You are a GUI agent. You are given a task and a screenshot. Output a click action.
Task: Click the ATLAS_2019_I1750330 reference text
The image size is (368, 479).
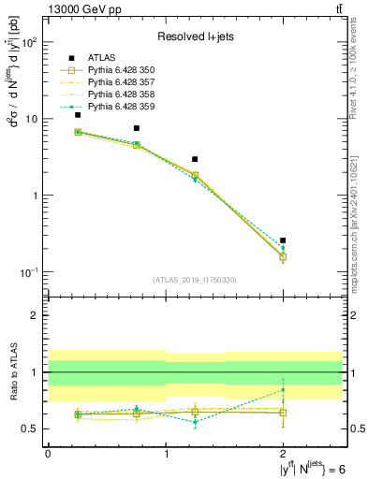[195, 280]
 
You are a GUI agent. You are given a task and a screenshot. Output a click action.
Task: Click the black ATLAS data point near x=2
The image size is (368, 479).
[283, 240]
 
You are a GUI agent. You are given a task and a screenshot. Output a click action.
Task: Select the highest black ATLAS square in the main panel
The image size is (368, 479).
[78, 115]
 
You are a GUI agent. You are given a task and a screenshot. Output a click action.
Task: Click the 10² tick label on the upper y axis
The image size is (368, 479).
[29, 43]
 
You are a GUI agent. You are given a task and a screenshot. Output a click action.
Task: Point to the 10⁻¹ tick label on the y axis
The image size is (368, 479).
[29, 272]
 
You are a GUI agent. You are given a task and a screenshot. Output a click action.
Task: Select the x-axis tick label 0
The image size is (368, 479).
[48, 453]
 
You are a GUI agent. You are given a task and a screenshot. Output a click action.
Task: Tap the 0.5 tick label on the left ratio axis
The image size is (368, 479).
[31, 429]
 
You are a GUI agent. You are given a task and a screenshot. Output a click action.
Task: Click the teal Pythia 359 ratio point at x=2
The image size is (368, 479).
[283, 390]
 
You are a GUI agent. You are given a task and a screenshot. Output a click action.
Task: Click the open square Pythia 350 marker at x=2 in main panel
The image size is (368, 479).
[283, 256]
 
